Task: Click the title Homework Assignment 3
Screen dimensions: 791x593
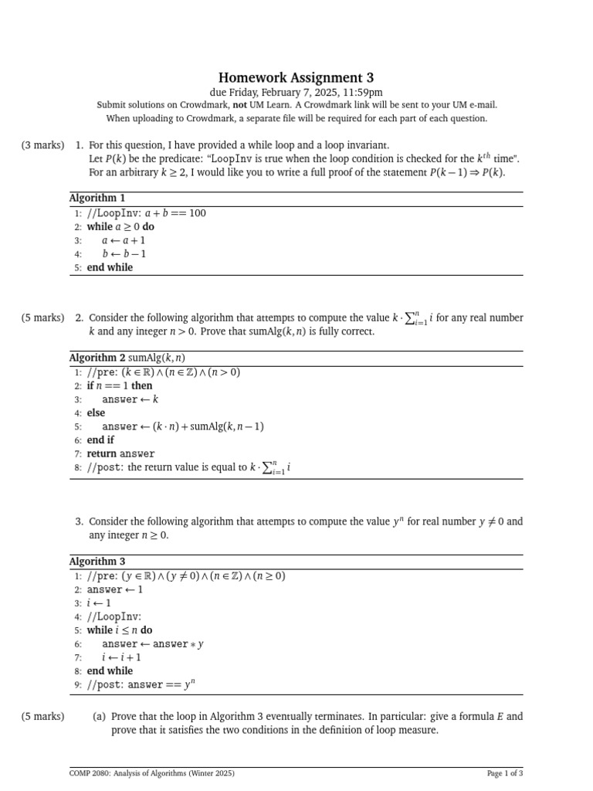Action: pyautogui.click(x=296, y=77)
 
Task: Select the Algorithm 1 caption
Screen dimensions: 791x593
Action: pyautogui.click(x=97, y=199)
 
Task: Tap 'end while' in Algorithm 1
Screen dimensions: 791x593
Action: pyautogui.click(x=110, y=267)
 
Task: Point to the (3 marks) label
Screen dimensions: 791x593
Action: pyautogui.click(x=43, y=145)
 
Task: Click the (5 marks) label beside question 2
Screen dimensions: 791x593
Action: pyautogui.click(x=43, y=317)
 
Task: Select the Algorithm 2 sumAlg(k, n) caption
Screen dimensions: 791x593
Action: pyautogui.click(x=127, y=358)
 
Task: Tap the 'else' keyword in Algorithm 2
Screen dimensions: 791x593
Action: pyautogui.click(x=96, y=412)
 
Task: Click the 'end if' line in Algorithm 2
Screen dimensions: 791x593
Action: pyautogui.click(x=100, y=440)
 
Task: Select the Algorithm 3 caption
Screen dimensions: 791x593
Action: pyautogui.click(x=97, y=562)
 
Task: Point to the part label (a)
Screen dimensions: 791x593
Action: pyautogui.click(x=99, y=716)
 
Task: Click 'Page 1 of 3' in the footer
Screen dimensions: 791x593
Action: pyautogui.click(x=505, y=773)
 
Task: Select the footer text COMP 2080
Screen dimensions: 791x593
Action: pyautogui.click(x=151, y=773)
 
